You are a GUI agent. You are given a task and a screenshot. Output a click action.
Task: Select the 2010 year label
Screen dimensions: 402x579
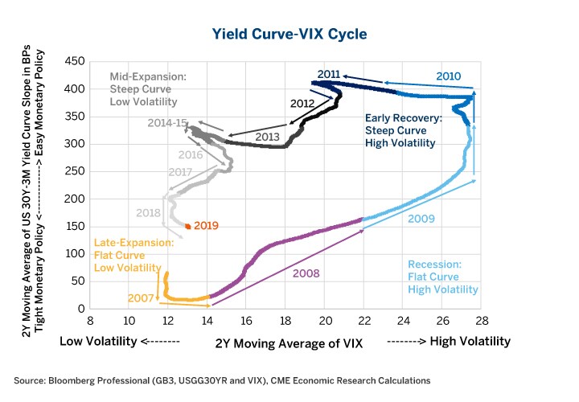click(x=448, y=76)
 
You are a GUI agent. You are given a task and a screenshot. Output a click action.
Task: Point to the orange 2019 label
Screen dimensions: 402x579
click(x=206, y=226)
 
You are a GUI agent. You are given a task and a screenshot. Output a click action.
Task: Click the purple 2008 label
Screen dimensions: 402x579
click(x=306, y=273)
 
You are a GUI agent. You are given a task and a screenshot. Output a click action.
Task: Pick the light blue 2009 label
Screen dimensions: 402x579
click(x=421, y=219)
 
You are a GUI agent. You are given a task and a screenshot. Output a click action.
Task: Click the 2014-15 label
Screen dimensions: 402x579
click(x=167, y=123)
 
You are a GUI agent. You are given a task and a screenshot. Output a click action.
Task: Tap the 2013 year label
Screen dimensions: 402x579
click(x=267, y=137)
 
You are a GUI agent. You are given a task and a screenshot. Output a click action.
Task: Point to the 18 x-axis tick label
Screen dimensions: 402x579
click(x=285, y=321)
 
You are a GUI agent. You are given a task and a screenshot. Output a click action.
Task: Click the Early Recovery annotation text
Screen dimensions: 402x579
click(x=400, y=129)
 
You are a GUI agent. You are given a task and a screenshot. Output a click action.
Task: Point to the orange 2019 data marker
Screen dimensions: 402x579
click(x=188, y=227)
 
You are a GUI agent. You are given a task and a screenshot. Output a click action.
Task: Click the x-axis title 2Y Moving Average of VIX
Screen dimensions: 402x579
click(x=289, y=343)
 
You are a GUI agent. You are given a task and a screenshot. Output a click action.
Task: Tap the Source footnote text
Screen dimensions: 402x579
click(x=221, y=380)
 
